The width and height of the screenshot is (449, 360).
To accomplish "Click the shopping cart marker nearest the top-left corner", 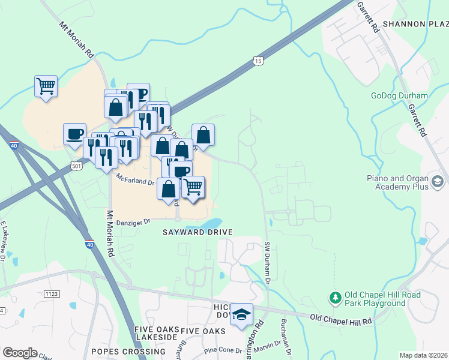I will click(46, 86).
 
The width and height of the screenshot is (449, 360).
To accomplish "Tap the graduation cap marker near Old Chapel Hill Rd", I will click(241, 315).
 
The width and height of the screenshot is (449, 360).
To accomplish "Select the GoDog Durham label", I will click(399, 96).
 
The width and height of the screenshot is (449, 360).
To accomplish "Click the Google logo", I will click(20, 353).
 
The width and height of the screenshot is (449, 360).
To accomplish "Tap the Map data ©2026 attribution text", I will click(423, 355).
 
